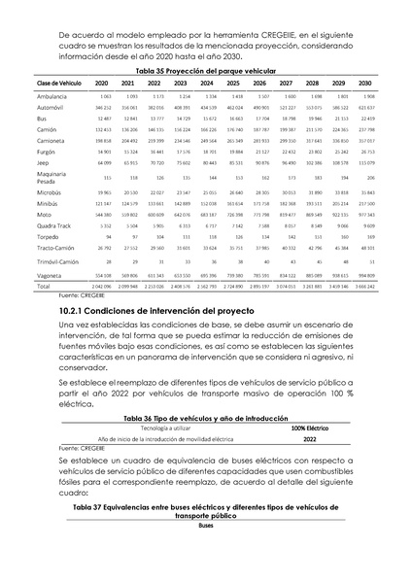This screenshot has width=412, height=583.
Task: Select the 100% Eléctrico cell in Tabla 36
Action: tap(310, 428)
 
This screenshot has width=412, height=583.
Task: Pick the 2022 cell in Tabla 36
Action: tap(310, 439)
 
